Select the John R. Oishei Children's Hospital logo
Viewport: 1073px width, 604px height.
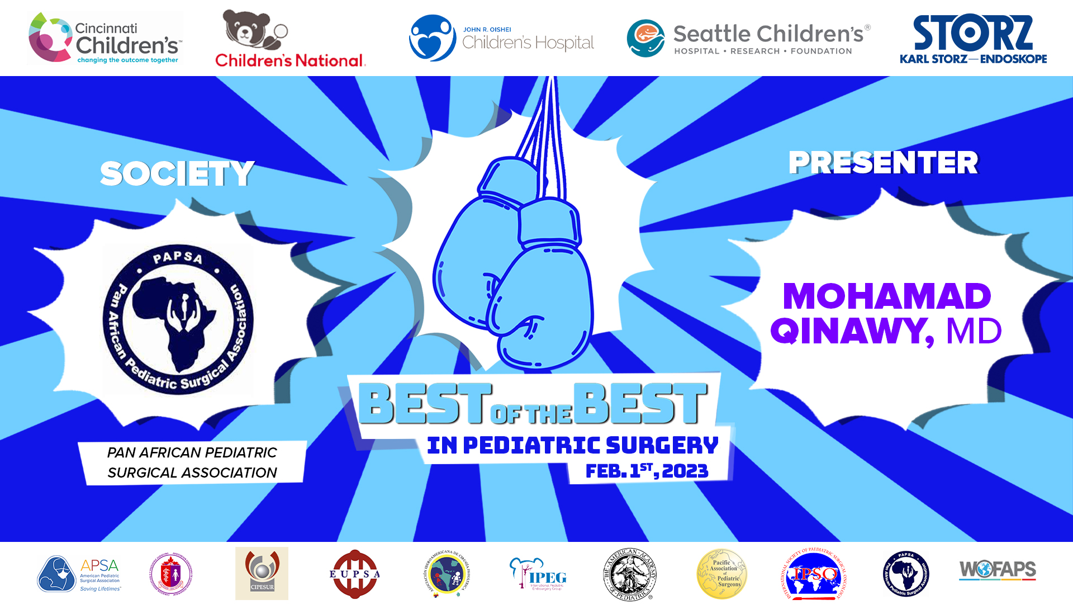coord(501,38)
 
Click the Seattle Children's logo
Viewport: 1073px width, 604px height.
coord(748,38)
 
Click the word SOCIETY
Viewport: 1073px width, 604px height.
coord(177,173)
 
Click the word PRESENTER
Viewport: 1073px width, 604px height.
coord(883,163)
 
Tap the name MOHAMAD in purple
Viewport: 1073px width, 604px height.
coord(887,296)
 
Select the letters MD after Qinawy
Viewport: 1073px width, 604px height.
coord(974,331)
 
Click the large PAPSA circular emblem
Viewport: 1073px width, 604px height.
coord(178,319)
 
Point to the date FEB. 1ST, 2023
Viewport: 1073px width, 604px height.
coord(647,471)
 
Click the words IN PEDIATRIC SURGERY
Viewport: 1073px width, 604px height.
coord(572,445)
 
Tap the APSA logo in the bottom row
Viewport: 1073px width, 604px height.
coord(79,574)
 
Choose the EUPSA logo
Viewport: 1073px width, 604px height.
coord(354,574)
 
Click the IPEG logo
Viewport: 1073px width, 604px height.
coord(538,574)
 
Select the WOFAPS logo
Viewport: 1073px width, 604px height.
coord(998,570)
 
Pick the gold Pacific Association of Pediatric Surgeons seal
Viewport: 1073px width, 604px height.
coord(721,574)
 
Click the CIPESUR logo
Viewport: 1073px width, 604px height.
coord(262,574)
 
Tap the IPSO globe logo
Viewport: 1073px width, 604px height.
coord(814,574)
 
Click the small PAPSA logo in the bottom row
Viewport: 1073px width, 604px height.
coord(906,574)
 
